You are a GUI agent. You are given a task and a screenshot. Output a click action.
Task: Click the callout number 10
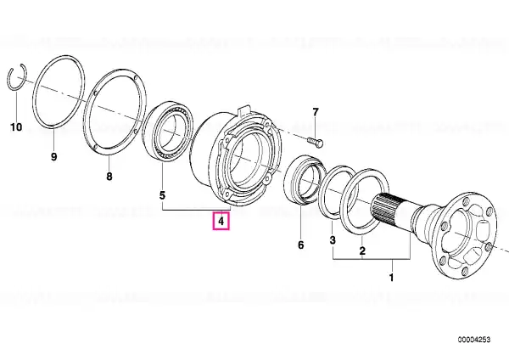pyautogui.click(x=16, y=127)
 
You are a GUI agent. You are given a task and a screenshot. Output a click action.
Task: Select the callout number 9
pyautogui.click(x=54, y=156)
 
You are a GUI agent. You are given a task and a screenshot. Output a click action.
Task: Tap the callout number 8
pyautogui.click(x=109, y=177)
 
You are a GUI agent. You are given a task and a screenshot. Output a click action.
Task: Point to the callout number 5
pyautogui.click(x=162, y=195)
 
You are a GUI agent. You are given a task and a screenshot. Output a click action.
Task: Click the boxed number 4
pyautogui.click(x=221, y=222)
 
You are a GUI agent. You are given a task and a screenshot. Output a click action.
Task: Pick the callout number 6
pyautogui.click(x=300, y=245)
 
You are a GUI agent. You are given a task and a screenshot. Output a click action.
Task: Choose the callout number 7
pyautogui.click(x=316, y=112)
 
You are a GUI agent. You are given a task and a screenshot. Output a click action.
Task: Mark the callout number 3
pyautogui.click(x=333, y=240)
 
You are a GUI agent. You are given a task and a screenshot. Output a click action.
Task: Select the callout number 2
pyautogui.click(x=362, y=250)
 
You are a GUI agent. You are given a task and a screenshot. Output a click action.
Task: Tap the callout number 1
pyautogui.click(x=391, y=278)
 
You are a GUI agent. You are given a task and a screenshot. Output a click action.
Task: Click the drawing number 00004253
pyautogui.click(x=474, y=340)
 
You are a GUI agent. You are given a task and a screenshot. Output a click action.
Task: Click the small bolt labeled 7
pyautogui.click(x=315, y=142)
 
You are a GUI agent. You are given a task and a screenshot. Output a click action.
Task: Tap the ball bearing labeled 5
pyautogui.click(x=168, y=131)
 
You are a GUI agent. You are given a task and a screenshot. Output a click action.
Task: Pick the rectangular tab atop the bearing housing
pyautogui.click(x=243, y=110)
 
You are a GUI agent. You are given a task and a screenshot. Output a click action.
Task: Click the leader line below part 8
pyautogui.click(x=109, y=163)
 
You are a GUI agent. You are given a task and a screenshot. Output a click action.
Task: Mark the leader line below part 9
pyautogui.click(x=54, y=139)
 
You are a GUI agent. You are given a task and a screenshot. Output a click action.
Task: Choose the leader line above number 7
pyautogui.click(x=316, y=127)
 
